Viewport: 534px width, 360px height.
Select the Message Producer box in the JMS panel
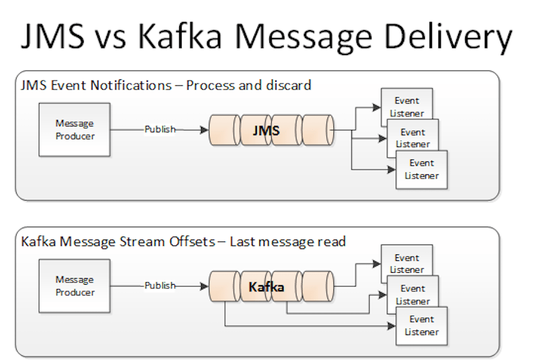[75, 129]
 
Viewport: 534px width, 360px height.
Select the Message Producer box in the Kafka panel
[75, 286]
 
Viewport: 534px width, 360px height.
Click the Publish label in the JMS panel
[160, 129]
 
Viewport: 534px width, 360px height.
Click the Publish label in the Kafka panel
[160, 286]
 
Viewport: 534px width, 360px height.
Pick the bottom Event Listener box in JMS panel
[422, 170]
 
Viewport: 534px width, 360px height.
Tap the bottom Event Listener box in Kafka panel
[422, 326]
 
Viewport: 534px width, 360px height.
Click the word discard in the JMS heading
[291, 85]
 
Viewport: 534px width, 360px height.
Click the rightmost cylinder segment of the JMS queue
[318, 130]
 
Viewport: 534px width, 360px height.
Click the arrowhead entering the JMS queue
[205, 129]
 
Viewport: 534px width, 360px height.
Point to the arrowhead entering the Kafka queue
[205, 286]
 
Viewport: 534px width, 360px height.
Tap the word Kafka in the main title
[180, 37]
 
